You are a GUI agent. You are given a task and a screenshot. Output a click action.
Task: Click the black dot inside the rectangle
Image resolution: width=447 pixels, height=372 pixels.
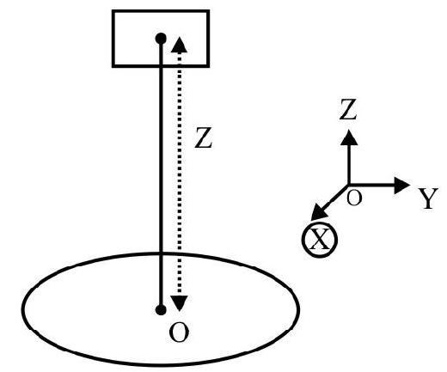pyautogui.click(x=161, y=39)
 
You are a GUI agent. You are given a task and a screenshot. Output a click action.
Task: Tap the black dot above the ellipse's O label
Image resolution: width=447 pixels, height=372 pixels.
pyautogui.click(x=161, y=310)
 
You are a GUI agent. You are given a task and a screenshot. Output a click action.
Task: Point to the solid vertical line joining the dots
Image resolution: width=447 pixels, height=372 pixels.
pyautogui.click(x=161, y=174)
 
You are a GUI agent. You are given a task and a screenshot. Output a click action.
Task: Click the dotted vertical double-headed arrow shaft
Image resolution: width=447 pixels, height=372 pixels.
pyautogui.click(x=180, y=174)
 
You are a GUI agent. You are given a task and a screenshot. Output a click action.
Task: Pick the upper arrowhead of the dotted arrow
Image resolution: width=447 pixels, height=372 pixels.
pyautogui.click(x=180, y=45)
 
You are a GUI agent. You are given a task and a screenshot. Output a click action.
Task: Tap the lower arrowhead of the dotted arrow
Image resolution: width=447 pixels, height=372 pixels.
pyautogui.click(x=180, y=303)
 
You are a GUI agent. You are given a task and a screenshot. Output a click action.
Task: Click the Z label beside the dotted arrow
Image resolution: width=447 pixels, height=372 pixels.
pyautogui.click(x=203, y=137)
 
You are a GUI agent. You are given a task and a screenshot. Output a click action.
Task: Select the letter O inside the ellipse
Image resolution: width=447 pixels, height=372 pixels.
pyautogui.click(x=179, y=332)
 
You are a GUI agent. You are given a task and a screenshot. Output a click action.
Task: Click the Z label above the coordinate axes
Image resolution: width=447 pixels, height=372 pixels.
pyautogui.click(x=348, y=109)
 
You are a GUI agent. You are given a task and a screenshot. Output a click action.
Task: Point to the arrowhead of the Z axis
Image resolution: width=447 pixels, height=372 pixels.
pyautogui.click(x=349, y=137)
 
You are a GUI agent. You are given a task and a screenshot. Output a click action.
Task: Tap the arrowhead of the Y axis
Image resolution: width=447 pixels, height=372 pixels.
pyautogui.click(x=402, y=186)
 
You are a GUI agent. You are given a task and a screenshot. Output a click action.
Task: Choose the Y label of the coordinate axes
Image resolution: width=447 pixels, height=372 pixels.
pyautogui.click(x=428, y=198)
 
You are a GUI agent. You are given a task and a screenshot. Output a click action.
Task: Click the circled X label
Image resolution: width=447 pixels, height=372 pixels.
pyautogui.click(x=320, y=240)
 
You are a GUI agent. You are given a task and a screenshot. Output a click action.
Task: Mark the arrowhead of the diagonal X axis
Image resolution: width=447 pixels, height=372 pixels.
pyautogui.click(x=318, y=213)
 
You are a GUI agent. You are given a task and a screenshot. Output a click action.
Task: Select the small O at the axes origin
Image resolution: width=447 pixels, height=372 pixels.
pyautogui.click(x=354, y=198)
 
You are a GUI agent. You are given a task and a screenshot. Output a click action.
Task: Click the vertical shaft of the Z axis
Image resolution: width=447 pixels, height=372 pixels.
pyautogui.click(x=349, y=164)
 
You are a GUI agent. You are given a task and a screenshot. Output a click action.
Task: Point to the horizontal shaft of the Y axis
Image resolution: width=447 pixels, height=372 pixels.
pyautogui.click(x=372, y=186)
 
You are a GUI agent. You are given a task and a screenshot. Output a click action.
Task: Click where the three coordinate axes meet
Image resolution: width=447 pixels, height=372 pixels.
pyautogui.click(x=349, y=186)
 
